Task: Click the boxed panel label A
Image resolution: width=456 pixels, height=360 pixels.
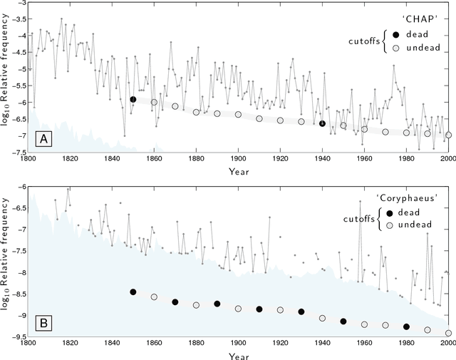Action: [43, 140]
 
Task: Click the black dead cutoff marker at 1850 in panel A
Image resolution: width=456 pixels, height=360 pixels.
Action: [133, 99]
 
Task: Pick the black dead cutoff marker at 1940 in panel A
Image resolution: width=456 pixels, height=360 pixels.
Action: [322, 123]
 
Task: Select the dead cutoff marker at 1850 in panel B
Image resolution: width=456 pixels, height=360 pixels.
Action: [133, 292]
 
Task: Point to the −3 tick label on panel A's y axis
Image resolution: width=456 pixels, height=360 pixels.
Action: [17, 4]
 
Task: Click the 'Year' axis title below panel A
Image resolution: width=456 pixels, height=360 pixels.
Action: [238, 172]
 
